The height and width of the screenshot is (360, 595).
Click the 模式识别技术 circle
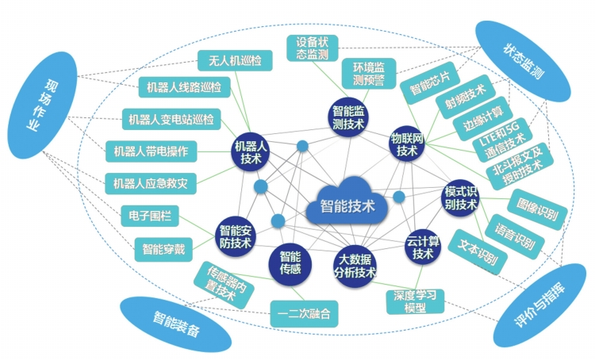461,198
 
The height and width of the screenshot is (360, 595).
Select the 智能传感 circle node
290,264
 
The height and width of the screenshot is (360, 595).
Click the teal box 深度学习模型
416,301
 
